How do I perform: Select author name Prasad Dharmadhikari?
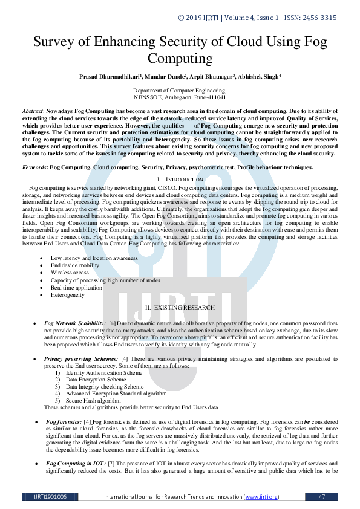105,78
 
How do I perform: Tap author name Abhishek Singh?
258,78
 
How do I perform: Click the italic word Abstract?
32,112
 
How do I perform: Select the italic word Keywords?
34,167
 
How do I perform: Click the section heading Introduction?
185,180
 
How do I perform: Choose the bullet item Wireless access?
69,273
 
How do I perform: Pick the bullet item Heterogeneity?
67,295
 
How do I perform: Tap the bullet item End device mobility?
75,265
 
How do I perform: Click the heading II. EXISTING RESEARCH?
180,308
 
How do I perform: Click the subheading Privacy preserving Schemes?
81,358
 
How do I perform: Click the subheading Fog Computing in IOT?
75,463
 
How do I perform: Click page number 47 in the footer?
322,496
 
